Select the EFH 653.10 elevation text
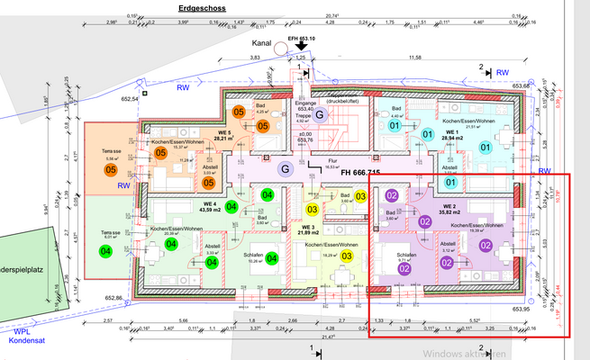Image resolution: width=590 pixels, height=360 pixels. coord(300,39)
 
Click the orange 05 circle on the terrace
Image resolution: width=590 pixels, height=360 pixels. coord(112,169)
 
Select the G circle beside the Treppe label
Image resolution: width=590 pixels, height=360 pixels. coord(318,115)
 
